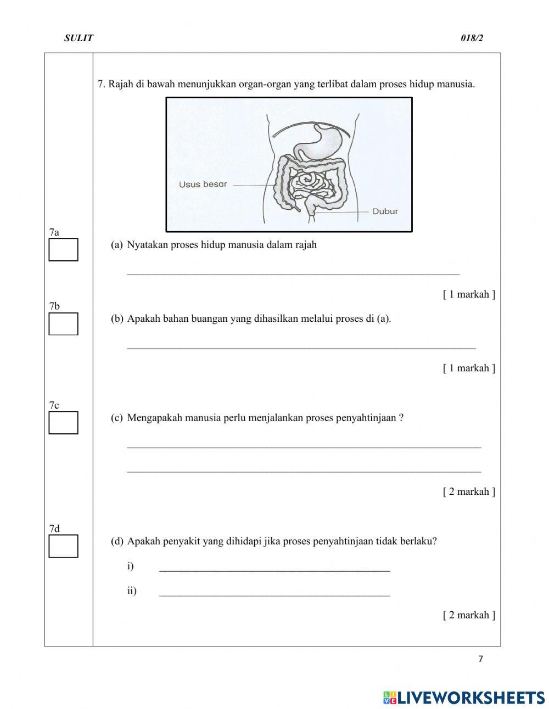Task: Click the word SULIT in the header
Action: pyautogui.click(x=79, y=38)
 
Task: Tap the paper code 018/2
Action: pyautogui.click(x=472, y=38)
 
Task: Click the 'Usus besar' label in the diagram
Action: pyautogui.click(x=203, y=184)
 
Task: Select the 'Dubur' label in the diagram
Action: pyautogui.click(x=385, y=211)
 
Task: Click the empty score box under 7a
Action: pyautogui.click(x=63, y=249)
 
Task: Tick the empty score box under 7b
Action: pyautogui.click(x=63, y=323)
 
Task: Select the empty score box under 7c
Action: pyautogui.click(x=63, y=422)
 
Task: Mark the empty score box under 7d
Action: pyautogui.click(x=63, y=546)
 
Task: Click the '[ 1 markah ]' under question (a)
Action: pyautogui.click(x=469, y=294)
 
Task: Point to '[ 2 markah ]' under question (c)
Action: pyautogui.click(x=469, y=492)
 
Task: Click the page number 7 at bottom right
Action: pyautogui.click(x=480, y=659)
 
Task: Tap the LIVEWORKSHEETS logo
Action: pyautogui.click(x=464, y=697)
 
